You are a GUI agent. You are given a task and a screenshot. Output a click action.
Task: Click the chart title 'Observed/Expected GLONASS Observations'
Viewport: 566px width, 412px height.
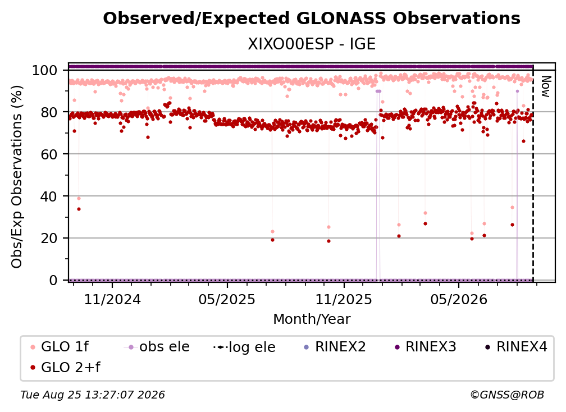click(x=312, y=19)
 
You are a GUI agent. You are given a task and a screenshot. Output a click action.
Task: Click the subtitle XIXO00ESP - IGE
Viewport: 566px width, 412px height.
click(x=312, y=44)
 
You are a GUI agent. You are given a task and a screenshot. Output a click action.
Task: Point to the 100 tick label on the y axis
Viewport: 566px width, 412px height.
click(x=45, y=70)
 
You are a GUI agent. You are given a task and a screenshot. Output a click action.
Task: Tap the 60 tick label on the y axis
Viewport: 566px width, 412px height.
click(x=49, y=154)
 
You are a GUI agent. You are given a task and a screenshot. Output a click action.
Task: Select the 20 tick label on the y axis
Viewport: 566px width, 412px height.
click(x=49, y=239)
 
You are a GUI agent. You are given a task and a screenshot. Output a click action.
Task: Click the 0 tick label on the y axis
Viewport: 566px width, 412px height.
click(x=53, y=280)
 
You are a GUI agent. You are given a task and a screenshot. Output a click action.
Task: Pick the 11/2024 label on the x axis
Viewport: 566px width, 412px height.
click(x=112, y=299)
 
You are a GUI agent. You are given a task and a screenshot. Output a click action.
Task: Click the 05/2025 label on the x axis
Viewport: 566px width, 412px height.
click(x=227, y=299)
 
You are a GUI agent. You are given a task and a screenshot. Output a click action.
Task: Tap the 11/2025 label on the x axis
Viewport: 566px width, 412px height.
click(x=344, y=299)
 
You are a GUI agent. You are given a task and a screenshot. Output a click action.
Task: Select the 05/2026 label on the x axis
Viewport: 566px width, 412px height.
click(x=459, y=299)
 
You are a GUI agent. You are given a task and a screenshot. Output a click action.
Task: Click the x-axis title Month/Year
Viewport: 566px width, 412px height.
click(x=312, y=319)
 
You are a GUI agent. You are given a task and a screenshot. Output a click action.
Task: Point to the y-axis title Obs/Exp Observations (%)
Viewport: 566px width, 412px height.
click(x=17, y=177)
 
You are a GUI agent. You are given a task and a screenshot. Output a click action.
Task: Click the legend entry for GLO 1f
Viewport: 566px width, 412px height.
click(x=59, y=347)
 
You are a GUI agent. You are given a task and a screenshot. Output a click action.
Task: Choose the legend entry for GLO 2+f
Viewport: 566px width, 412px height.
click(x=65, y=367)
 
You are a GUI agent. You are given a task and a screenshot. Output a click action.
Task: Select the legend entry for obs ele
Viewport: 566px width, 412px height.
click(x=157, y=347)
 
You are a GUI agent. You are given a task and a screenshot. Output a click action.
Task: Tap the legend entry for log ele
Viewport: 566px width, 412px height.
click(x=244, y=347)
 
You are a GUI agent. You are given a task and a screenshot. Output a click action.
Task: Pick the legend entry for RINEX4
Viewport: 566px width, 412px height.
click(x=516, y=347)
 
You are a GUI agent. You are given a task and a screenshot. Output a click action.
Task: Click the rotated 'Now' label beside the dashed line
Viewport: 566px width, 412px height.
click(x=545, y=86)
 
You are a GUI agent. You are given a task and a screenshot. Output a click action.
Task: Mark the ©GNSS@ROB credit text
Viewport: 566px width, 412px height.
click(x=507, y=395)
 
